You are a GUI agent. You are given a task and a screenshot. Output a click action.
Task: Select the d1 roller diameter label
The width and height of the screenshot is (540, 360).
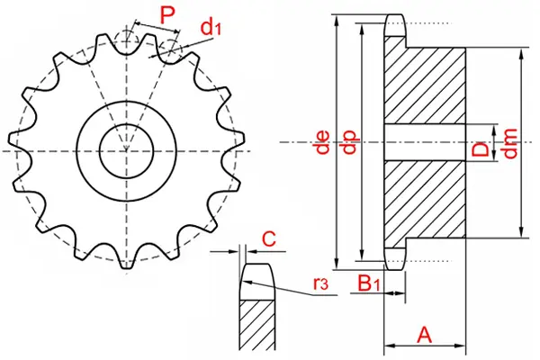[x=210, y=28]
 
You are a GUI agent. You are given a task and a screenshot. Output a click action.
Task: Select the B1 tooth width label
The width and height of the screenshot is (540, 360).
[x=367, y=284]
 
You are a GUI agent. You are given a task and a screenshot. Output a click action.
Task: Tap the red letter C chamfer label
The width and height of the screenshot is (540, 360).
[x=267, y=238]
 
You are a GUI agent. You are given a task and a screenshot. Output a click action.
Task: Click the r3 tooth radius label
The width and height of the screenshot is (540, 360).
[x=320, y=285]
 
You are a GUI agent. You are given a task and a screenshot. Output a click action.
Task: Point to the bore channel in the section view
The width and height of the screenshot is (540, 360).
[x=427, y=142]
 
